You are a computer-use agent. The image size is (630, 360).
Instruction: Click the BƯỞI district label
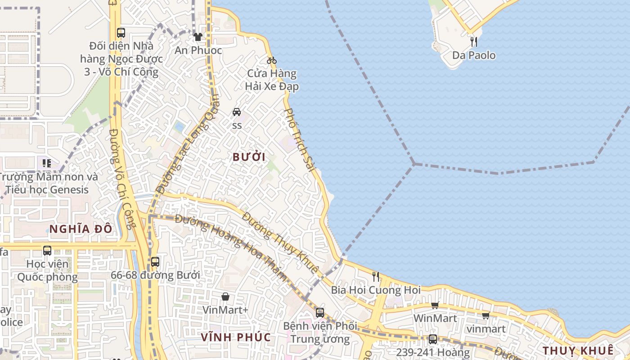tap(249, 157)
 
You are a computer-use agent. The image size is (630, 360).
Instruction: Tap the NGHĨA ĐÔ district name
tap(81, 229)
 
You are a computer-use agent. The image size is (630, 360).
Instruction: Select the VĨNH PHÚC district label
tap(236, 337)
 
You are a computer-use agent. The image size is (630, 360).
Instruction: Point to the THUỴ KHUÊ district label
tap(578, 351)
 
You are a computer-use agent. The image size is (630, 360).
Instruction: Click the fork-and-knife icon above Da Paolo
tap(473, 42)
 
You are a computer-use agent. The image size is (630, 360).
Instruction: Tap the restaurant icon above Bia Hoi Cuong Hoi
tap(376, 276)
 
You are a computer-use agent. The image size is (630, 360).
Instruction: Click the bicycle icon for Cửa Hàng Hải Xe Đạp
tap(272, 60)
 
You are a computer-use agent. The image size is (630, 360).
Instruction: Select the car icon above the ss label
tap(237, 112)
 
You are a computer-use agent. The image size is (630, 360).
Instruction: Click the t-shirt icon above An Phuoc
tap(198, 37)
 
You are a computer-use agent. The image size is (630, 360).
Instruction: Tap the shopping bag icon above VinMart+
tap(225, 297)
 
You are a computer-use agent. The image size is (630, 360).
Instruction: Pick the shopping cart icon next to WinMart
tap(435, 306)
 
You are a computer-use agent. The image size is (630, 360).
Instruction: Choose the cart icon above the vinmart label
tap(486, 315)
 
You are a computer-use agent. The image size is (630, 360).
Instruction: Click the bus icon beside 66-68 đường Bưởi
tap(155, 261)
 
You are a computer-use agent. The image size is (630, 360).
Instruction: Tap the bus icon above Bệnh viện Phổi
tap(319, 312)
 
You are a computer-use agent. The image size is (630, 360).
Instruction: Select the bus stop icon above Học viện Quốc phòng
tap(47, 250)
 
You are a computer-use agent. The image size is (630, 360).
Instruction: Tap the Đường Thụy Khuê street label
tap(280, 242)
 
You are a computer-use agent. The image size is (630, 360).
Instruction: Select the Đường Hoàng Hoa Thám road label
tap(231, 248)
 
